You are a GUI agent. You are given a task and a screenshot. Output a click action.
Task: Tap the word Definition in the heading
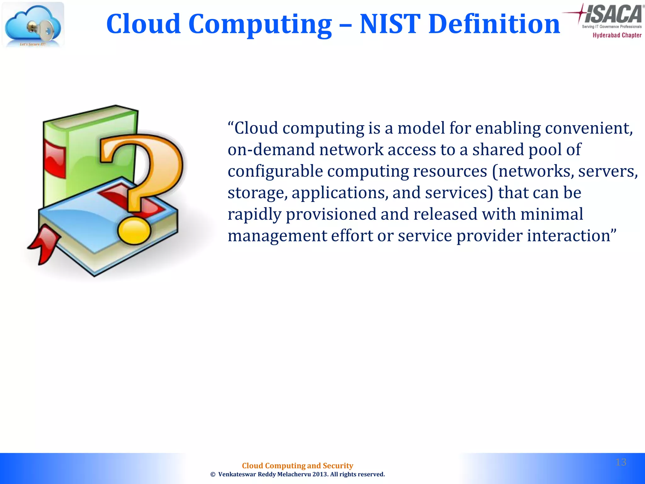pos(494,24)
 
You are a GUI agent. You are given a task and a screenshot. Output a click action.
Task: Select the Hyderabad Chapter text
pos(617,35)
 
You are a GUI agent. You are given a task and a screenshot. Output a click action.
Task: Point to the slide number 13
pos(621,462)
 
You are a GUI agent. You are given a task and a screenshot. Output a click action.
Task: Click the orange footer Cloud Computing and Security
pos(297,466)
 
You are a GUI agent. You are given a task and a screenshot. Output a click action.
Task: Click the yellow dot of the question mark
pos(134,231)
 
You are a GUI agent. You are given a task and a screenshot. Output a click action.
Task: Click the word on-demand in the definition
pos(271,150)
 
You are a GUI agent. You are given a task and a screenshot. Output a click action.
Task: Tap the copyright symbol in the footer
pos(213,475)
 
